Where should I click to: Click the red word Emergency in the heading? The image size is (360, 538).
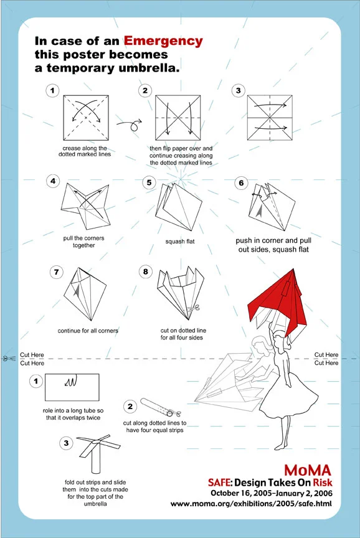coord(163,42)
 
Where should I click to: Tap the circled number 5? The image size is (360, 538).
coord(149,182)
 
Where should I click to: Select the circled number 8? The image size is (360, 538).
coord(146,271)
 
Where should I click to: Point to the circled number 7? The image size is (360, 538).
coord(57,273)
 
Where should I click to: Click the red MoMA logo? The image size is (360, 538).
coord(308,470)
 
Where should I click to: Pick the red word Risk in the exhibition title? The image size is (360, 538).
coord(322,483)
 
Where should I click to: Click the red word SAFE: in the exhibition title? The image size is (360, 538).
coord(220,483)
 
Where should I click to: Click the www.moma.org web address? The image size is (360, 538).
coord(251,504)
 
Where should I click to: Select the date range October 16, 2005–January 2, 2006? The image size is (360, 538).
coord(272,493)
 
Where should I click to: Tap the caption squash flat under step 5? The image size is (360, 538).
coord(180,242)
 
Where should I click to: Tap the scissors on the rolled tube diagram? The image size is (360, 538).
coord(174,413)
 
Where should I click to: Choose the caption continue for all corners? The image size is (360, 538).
coord(88,331)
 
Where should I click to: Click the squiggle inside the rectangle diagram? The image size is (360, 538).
coord(71,381)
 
